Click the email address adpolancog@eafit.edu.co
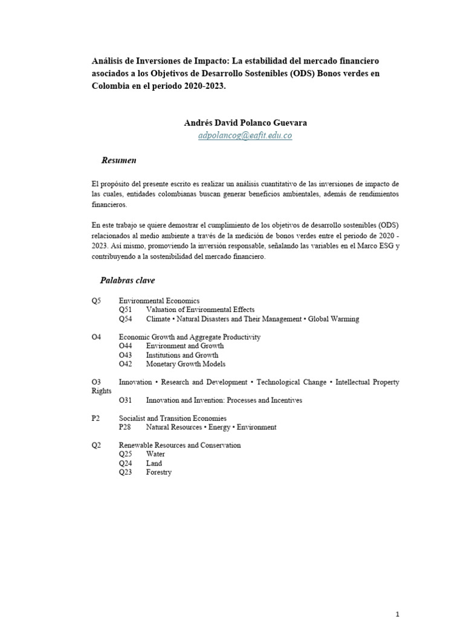245,136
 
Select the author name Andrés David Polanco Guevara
245,123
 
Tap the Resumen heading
118,160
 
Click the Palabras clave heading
127,280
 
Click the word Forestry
159,472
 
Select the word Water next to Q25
155,454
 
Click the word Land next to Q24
154,463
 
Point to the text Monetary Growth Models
185,364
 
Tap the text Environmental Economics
159,300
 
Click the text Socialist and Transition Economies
173,418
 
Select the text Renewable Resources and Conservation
179,445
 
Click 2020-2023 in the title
208,85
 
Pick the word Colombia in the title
112,85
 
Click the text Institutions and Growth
182,355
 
